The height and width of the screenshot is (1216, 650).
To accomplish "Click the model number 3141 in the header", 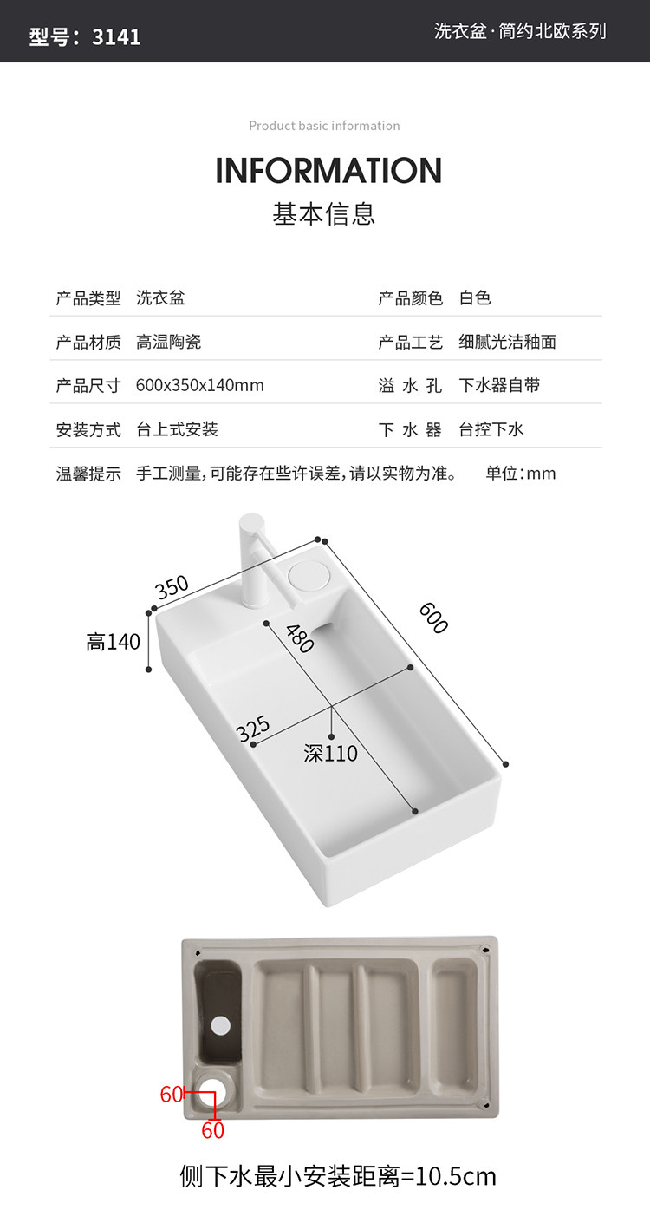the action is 116,36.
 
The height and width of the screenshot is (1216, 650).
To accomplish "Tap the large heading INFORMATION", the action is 328,171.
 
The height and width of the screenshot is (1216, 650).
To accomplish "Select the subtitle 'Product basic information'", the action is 324,126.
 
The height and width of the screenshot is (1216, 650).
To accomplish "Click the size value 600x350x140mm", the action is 200,385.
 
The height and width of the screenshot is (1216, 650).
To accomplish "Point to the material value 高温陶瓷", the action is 169,342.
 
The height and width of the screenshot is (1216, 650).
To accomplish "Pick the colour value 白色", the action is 475,298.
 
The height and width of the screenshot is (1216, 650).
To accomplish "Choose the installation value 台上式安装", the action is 177,429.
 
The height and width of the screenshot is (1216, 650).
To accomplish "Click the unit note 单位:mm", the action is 520,474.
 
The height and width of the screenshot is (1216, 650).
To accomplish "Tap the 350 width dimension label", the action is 172,587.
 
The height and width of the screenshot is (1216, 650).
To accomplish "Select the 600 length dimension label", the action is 432,618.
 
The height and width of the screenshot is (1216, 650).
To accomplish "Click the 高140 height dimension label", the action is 113,643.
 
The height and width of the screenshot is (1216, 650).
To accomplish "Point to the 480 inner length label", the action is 299,639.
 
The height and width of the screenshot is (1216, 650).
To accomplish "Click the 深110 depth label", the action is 330,754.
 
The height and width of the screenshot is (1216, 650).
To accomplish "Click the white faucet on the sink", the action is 253,564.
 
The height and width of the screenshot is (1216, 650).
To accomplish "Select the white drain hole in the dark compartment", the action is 221,1024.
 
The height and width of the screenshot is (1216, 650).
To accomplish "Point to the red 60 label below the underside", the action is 212,1130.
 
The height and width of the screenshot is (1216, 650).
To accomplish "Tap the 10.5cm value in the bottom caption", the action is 456,1176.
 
